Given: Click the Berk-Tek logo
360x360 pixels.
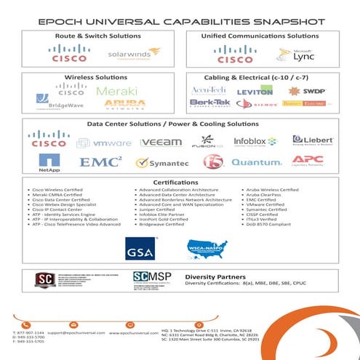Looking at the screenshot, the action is click(210, 103).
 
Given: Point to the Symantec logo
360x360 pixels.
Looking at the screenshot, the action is click(162, 163).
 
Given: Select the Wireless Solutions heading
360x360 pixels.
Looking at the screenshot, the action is click(91, 76).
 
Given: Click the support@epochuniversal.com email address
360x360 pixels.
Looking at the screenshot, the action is click(74, 332).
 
